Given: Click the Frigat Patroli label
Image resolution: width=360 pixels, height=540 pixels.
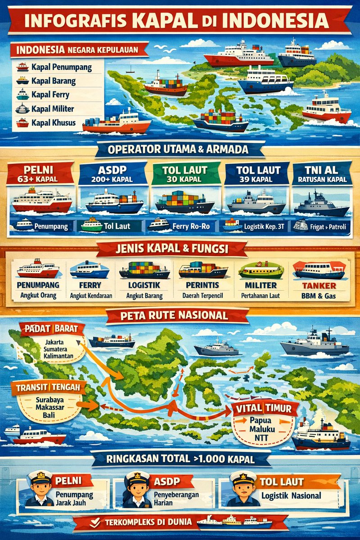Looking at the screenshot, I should pyautogui.click(x=327, y=227).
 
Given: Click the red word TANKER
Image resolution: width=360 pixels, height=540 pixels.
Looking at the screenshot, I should pyautogui.click(x=319, y=286).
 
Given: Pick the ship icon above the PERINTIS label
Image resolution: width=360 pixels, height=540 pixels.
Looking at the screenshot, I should pyautogui.click(x=203, y=270).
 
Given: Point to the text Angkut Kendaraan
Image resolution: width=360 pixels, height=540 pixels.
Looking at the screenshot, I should pyautogui.click(x=91, y=296).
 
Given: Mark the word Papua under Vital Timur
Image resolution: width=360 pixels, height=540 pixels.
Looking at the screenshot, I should pyautogui.click(x=261, y=421).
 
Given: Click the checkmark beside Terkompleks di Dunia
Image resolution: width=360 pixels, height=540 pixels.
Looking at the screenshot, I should pyautogui.click(x=94, y=523).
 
